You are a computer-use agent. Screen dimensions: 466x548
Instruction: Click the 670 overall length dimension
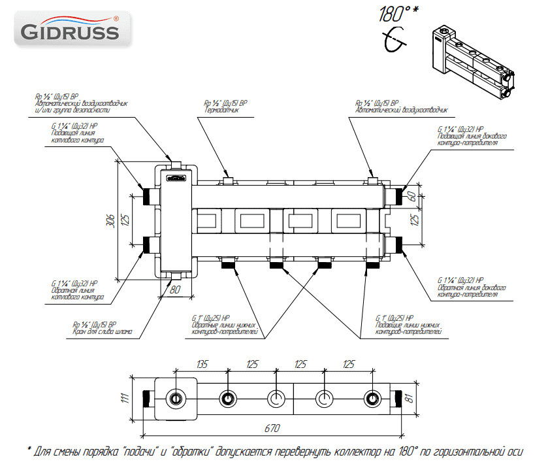(271, 428)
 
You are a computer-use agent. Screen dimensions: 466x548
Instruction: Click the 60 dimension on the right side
(412, 196)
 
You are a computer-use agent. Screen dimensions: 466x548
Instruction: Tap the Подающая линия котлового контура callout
(77, 136)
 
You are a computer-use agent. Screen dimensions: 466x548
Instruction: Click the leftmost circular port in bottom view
(176, 399)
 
